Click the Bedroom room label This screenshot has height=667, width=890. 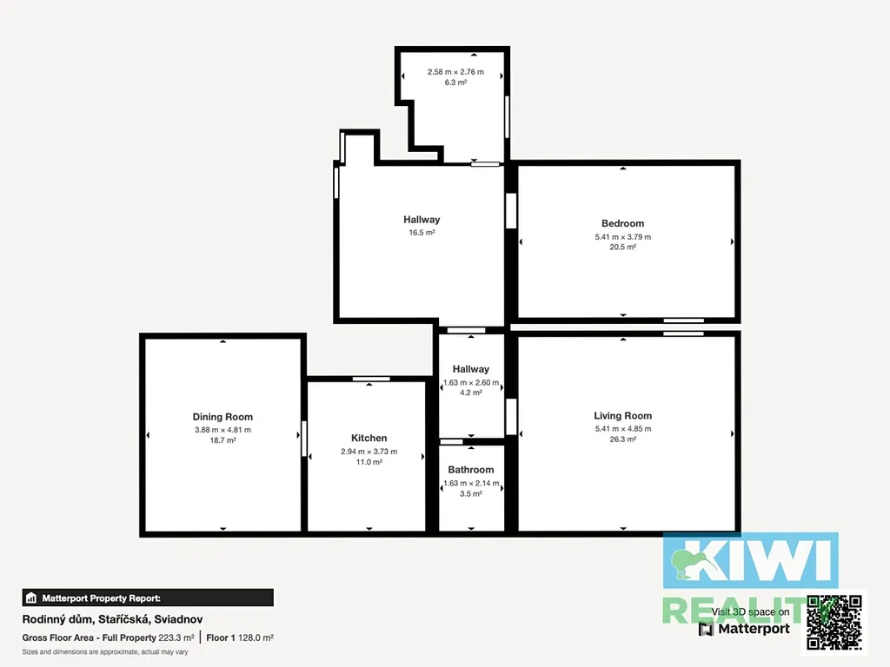pyautogui.click(x=622, y=223)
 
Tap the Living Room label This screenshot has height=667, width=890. pyautogui.click(x=622, y=416)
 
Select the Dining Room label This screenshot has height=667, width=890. pyautogui.click(x=222, y=417)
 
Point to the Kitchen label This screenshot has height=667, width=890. pyautogui.click(x=369, y=438)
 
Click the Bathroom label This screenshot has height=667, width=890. pyautogui.click(x=470, y=470)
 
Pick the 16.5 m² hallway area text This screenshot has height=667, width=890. pyautogui.click(x=422, y=233)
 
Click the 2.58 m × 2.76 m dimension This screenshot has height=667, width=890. pyautogui.click(x=455, y=72)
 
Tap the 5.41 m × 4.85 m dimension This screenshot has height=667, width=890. pyautogui.click(x=622, y=429)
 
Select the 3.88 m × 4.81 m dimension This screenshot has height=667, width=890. pyautogui.click(x=222, y=430)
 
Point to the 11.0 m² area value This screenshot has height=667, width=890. pyautogui.click(x=369, y=462)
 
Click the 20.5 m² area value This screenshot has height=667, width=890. pyautogui.click(x=622, y=248)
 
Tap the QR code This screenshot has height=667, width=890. pyautogui.click(x=834, y=622)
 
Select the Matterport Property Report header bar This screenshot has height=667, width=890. pyautogui.click(x=148, y=598)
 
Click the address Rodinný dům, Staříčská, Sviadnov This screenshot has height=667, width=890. pyautogui.click(x=112, y=619)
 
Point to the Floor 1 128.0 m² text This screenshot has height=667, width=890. pyautogui.click(x=240, y=637)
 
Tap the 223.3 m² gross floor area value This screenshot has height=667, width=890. pyautogui.click(x=176, y=637)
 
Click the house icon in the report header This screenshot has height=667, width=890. pyautogui.click(x=31, y=598)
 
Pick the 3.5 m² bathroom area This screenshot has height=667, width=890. pyautogui.click(x=470, y=494)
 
